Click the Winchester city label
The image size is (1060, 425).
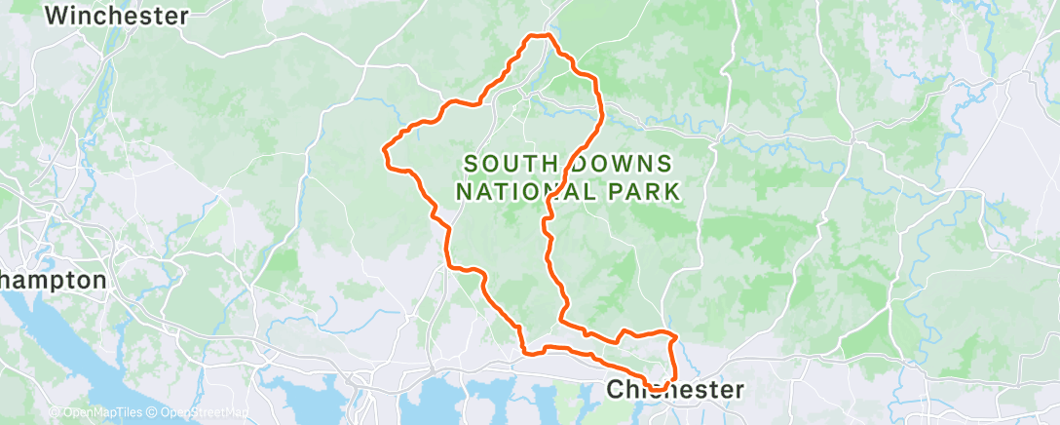116,16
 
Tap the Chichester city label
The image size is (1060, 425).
675,390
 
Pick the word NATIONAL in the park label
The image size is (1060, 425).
515,191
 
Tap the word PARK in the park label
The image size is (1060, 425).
638,191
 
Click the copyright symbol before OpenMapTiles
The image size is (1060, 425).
55,412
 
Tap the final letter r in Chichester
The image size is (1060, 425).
738,390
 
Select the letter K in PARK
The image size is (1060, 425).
670,191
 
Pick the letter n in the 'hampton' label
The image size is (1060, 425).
98,281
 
